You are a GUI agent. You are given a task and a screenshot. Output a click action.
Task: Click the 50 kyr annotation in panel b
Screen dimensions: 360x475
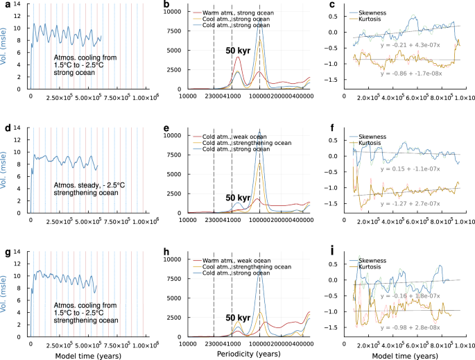pos(235,51)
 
